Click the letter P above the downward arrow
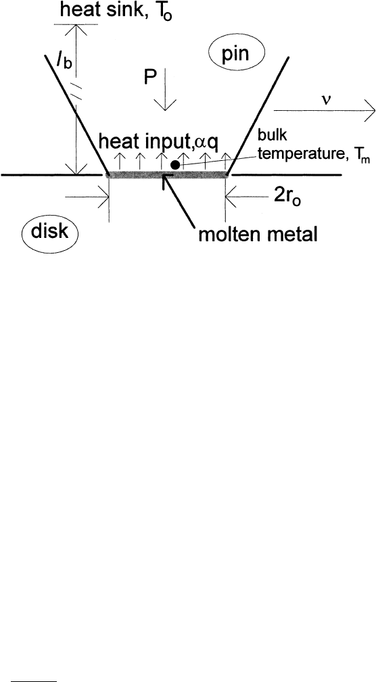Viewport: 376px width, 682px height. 151,78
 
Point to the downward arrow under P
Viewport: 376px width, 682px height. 165,90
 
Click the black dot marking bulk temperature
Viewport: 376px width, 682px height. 175,165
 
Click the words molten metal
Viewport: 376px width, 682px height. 258,235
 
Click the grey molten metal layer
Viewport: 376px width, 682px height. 168,175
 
